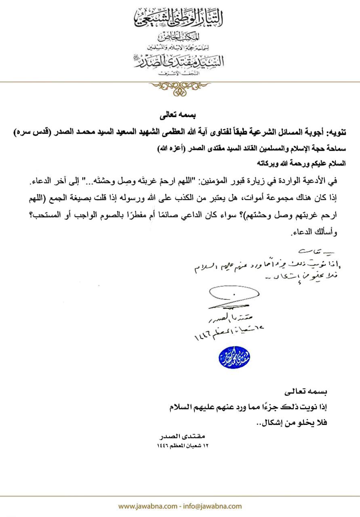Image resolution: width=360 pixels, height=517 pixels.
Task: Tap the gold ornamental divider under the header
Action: (180, 87)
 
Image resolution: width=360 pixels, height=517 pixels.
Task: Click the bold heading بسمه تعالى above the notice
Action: (180, 116)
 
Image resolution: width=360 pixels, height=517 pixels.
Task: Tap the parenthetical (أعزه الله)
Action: (166, 149)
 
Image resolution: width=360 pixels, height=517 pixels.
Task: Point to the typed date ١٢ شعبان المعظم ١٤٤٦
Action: (186, 446)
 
